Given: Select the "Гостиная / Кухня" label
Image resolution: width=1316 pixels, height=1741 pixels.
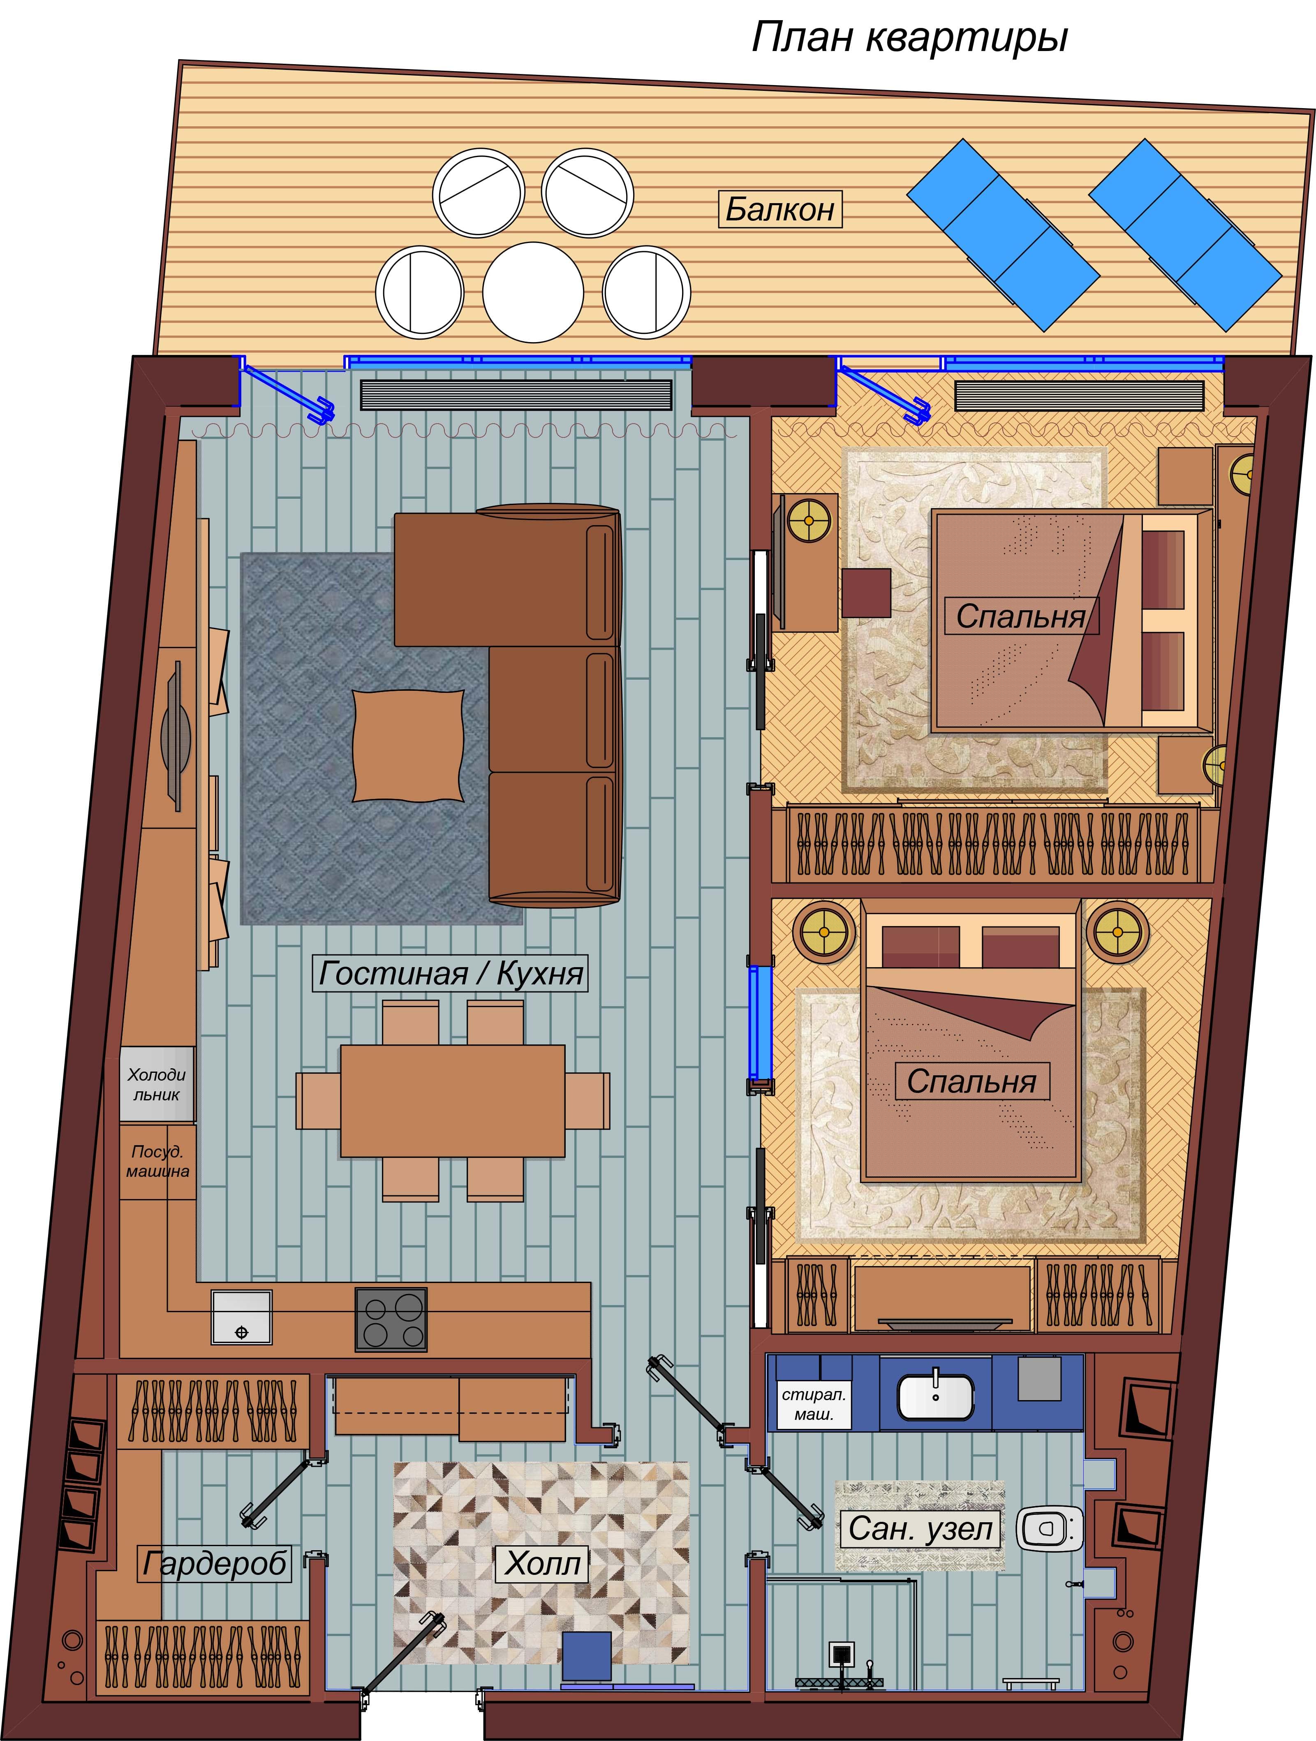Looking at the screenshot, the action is point(450,973).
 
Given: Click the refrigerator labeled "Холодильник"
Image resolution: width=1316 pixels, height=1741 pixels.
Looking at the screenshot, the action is point(157,1084).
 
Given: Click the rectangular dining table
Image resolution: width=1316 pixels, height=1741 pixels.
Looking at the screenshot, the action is point(453,1100).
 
